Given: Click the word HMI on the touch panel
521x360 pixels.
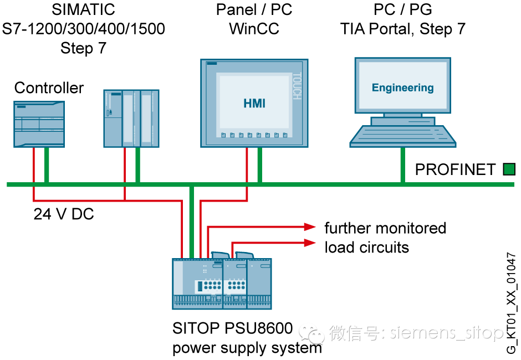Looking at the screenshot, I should pyautogui.click(x=254, y=104).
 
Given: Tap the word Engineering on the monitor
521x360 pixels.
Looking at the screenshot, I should pyautogui.click(x=402, y=88).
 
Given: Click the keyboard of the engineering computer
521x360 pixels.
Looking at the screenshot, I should pyautogui.click(x=403, y=135).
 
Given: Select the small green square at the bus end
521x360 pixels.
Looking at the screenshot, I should pyautogui.click(x=509, y=169).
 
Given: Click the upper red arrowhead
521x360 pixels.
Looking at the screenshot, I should pyautogui.click(x=310, y=227).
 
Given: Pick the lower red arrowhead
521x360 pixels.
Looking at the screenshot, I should pyautogui.click(x=310, y=243).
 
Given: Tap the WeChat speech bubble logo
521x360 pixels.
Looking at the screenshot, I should pyautogui.click(x=311, y=332).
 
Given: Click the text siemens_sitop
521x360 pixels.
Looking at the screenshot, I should pyautogui.click(x=446, y=332).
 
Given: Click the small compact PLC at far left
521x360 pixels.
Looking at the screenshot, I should pyautogui.click(x=39, y=124).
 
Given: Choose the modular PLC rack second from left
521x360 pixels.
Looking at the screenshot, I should pyautogui.click(x=131, y=119).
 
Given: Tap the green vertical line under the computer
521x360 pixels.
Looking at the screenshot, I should pyautogui.click(x=402, y=165).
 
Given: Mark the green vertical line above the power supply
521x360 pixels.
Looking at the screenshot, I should pyautogui.click(x=191, y=222).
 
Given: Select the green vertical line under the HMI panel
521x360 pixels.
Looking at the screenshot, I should pyautogui.click(x=259, y=165).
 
